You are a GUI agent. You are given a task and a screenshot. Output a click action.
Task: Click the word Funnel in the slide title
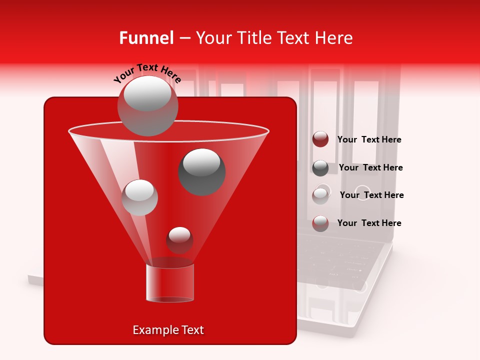point(146,38)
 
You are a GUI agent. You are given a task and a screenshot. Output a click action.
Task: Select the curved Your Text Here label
point(147,73)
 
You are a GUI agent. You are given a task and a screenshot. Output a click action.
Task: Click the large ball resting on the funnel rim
point(147,105)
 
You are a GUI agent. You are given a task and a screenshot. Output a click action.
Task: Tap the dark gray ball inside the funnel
point(202,171)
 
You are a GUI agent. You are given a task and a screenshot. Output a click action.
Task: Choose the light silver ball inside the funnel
point(140,197)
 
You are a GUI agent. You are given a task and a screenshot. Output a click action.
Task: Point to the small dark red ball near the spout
point(179,240)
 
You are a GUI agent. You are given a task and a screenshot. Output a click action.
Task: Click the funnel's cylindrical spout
point(170,283)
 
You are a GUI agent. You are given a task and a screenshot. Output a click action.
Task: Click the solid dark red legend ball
point(320,139)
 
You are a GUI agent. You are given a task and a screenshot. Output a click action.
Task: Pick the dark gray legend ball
point(320,168)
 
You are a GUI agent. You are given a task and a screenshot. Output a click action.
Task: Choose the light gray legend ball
point(320,195)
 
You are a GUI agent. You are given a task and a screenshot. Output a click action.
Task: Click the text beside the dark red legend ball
point(369,140)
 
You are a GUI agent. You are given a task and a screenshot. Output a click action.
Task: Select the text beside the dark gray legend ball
point(370,168)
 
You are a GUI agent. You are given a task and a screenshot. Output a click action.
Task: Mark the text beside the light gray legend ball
point(371,195)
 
